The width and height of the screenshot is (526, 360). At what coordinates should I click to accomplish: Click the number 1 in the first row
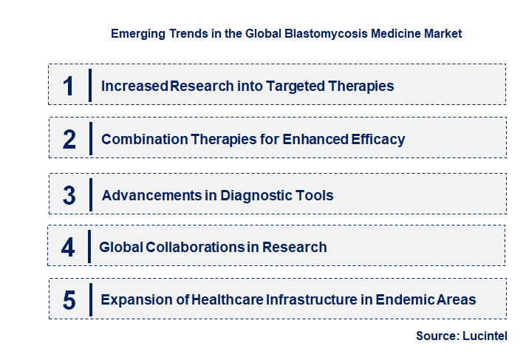tap(69, 86)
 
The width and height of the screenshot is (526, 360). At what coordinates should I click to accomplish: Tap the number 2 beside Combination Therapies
tap(69, 140)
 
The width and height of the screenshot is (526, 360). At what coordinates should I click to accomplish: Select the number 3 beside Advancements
tap(69, 195)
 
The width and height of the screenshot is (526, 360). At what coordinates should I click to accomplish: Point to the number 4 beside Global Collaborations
tap(68, 247)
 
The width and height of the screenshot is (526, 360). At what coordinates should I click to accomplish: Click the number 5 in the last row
tap(69, 300)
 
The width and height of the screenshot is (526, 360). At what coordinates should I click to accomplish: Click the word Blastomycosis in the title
tap(326, 34)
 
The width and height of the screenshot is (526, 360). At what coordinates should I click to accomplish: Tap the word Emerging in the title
tap(138, 34)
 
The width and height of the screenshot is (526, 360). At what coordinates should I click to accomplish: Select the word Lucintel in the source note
tap(485, 336)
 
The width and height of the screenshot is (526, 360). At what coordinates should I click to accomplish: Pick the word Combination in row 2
tap(145, 140)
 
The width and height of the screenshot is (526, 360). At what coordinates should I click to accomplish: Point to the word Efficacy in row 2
tap(378, 140)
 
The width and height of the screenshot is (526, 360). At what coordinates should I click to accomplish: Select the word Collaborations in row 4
tap(196, 247)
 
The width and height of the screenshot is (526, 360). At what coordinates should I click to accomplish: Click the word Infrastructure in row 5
tap(312, 299)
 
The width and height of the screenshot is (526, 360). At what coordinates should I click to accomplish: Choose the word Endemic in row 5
tap(404, 299)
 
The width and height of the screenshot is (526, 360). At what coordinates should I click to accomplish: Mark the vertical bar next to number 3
tap(91, 194)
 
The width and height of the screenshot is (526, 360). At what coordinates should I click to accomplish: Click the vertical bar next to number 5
tap(91, 299)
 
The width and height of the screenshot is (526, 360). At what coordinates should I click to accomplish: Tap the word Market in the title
tap(443, 34)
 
